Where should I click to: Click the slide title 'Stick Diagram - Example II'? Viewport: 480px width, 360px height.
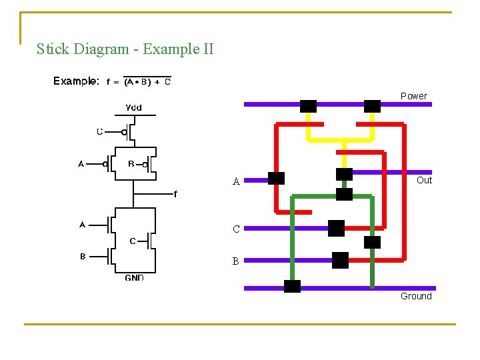125,49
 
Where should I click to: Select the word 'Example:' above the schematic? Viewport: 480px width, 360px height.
76,81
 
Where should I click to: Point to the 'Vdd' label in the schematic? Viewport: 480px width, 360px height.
133,107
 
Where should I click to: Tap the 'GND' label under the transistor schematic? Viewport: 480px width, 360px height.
134,277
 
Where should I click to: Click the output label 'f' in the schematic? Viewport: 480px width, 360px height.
175,194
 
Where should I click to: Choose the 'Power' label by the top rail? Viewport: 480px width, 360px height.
413,96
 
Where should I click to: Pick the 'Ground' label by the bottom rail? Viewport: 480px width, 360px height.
416,296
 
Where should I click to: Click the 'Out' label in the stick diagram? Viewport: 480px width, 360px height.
424,180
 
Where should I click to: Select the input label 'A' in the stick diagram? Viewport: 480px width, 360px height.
236,181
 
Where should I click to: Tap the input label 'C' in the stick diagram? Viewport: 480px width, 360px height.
236,229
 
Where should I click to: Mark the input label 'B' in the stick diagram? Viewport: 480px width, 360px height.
235,262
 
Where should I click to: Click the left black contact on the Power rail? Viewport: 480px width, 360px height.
308,105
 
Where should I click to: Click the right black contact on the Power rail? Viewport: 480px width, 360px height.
372,105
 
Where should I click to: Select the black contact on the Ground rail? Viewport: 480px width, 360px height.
292,287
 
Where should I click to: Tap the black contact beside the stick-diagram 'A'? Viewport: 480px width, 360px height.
276,178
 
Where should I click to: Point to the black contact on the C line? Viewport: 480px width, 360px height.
336,228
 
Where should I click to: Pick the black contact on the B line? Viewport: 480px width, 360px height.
340,260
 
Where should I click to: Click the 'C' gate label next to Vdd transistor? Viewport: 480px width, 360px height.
100,131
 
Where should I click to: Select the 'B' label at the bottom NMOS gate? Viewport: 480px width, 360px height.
83,256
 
